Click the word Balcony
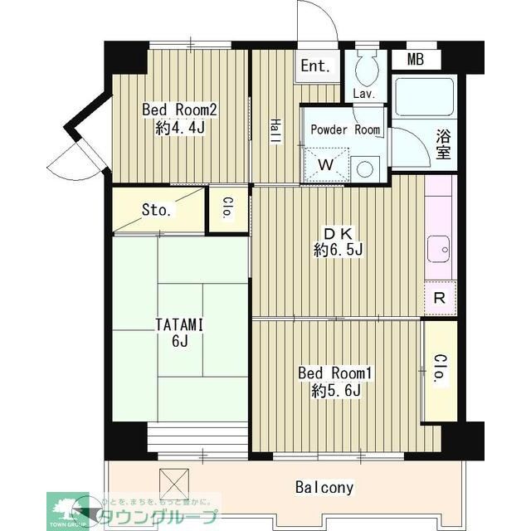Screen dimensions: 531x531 (325, 487)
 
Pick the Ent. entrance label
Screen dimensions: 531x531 (315, 66)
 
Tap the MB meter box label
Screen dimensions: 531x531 (416, 59)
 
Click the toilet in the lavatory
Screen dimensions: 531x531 (365, 66)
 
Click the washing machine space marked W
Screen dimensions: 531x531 (326, 164)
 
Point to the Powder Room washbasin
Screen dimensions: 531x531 (364, 167)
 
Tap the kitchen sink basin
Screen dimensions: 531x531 (437, 247)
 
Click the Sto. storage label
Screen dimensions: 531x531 (157, 210)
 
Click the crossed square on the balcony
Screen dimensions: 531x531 (174, 482)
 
